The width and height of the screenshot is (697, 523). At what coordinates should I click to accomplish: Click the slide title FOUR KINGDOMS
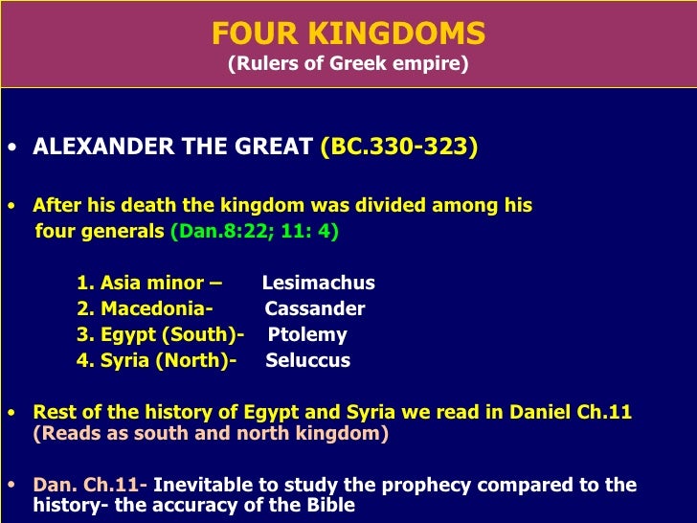pos(348,34)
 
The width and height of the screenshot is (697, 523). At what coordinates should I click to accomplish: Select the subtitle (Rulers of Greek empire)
pos(348,66)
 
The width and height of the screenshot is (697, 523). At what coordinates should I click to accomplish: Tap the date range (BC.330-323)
pos(399,148)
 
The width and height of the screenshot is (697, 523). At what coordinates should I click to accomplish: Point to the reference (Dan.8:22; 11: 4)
pos(254,231)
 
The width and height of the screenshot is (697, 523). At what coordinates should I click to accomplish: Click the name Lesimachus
pos(318,283)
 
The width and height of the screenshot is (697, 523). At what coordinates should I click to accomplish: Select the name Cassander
pos(315,308)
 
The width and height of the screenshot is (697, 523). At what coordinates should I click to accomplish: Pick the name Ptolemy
pos(307,334)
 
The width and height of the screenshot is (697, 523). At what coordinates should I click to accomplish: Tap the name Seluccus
pos(307,360)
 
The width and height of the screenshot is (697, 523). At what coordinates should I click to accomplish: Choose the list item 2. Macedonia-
pos(144,308)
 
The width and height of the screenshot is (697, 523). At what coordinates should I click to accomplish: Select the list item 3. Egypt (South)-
pos(160,334)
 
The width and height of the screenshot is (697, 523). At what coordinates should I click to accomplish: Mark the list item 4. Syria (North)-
pos(156,360)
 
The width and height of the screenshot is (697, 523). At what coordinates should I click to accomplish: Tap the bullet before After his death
pos(11,207)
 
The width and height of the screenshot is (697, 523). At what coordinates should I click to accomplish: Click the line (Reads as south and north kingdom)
pos(211,433)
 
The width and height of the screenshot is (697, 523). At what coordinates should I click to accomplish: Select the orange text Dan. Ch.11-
pos(90,485)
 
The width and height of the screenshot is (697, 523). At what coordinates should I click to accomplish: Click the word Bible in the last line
pos(329,505)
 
